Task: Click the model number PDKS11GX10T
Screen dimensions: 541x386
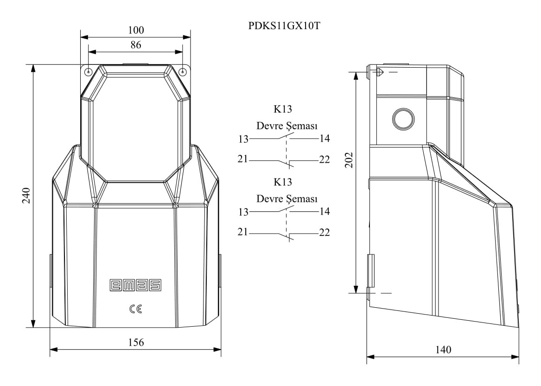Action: (284, 26)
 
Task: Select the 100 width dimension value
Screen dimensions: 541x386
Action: (136, 30)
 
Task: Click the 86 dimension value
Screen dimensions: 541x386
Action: (136, 45)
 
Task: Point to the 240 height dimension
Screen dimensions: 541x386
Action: (26, 196)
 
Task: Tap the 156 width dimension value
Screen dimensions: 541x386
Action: (136, 342)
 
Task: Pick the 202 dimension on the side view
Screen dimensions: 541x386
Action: (349, 160)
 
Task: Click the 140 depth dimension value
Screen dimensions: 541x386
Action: (443, 350)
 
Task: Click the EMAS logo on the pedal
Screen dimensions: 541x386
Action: (135, 285)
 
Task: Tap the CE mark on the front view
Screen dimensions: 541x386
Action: (135, 309)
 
